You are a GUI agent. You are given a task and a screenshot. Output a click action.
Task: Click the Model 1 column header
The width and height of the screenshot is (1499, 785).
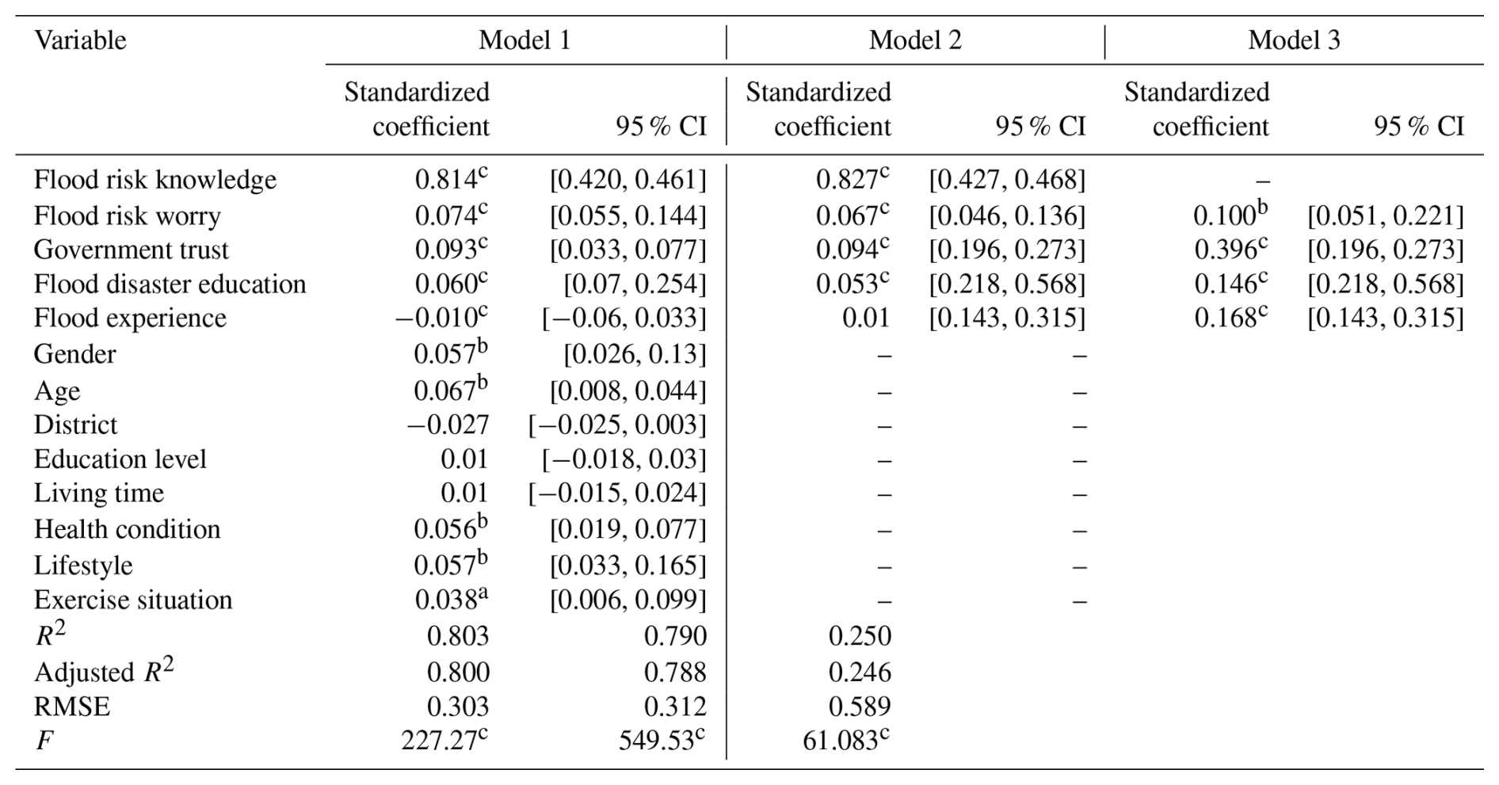pos(524,40)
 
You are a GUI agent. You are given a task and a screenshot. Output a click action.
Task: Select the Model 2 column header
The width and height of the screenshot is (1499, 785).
pos(915,40)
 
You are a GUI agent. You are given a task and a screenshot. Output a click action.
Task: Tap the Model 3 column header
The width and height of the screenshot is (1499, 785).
pos(1294,40)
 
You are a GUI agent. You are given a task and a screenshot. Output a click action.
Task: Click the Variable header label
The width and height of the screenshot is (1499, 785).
pos(80,40)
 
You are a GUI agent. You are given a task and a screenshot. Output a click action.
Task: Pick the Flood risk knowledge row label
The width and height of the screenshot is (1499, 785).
pos(154,181)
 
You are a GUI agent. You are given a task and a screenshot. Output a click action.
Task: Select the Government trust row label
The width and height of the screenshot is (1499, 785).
pos(131,250)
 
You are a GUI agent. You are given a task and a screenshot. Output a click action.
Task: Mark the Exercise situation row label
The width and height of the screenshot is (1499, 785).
pos(132,600)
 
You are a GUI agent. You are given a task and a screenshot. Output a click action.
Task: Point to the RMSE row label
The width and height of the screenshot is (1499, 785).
pos(71,707)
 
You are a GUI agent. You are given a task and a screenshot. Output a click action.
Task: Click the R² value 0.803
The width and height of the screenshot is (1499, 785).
pos(458,636)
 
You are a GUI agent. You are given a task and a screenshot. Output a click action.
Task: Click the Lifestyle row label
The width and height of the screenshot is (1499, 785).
pos(83,566)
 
